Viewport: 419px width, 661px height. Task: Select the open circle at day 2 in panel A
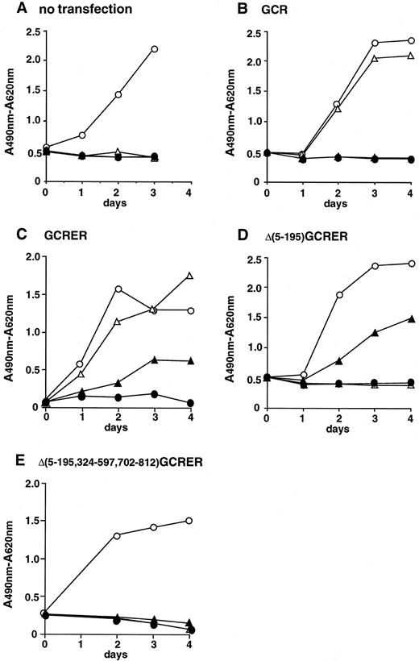[118, 94]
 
